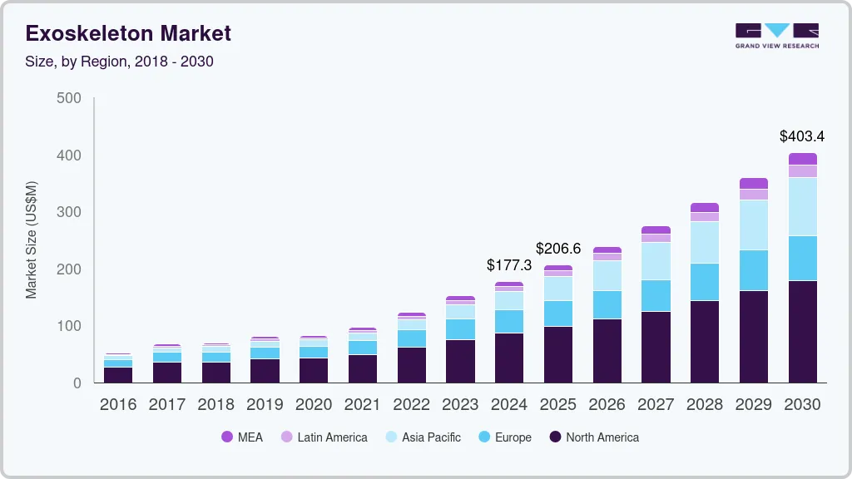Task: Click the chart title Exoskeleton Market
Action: pyautogui.click(x=128, y=34)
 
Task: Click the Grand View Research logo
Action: pyautogui.click(x=776, y=35)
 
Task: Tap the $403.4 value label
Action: pyautogui.click(x=802, y=136)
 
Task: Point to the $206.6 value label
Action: pyautogui.click(x=557, y=248)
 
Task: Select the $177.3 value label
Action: pyautogui.click(x=508, y=265)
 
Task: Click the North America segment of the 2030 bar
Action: pyautogui.click(x=802, y=332)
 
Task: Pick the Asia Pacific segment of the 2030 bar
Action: pyautogui.click(x=802, y=207)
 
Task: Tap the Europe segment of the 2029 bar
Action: pyautogui.click(x=753, y=270)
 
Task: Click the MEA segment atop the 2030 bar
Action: pyautogui.click(x=802, y=159)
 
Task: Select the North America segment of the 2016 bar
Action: pyautogui.click(x=118, y=375)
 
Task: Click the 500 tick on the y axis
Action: pyautogui.click(x=69, y=98)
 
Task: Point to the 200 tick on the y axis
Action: pyautogui.click(x=69, y=269)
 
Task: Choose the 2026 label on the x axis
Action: pyautogui.click(x=607, y=405)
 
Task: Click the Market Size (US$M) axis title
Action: pyautogui.click(x=31, y=239)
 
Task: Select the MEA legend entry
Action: pyautogui.click(x=242, y=437)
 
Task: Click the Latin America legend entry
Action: pyautogui.click(x=324, y=437)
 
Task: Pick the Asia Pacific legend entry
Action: pyautogui.click(x=422, y=437)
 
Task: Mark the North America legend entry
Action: pyautogui.click(x=593, y=437)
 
